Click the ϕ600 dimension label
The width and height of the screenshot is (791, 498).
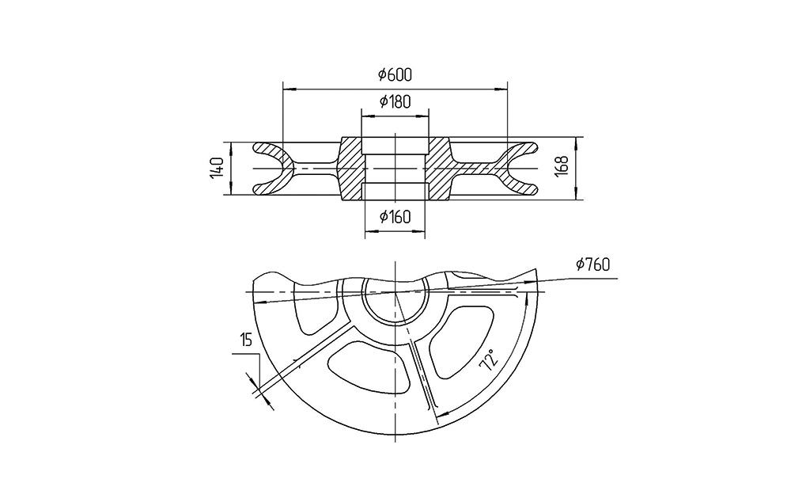pos(395,74)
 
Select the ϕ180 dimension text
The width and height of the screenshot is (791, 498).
pos(395,101)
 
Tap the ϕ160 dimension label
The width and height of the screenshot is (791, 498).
pos(395,217)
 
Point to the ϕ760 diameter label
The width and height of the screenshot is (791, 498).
pos(592,264)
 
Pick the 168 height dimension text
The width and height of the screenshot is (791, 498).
pos(562,166)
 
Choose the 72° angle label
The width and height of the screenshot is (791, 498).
pos(489,360)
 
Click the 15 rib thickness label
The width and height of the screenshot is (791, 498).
pos(246,340)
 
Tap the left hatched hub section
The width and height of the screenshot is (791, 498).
pos(350,169)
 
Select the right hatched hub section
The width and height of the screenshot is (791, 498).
pos(438,169)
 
